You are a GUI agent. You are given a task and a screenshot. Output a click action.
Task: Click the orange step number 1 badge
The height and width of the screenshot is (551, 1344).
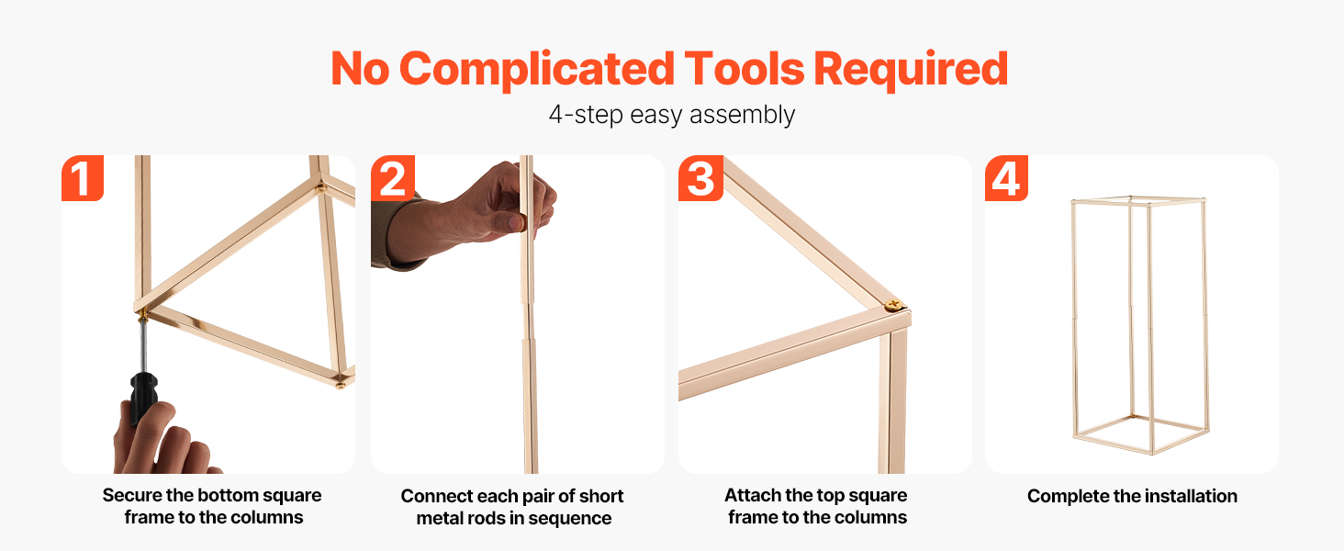coord(83,177)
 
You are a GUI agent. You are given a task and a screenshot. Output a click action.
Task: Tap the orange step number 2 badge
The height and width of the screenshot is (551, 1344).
coord(393,177)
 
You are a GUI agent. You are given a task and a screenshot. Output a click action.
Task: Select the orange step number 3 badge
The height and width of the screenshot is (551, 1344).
coord(700,177)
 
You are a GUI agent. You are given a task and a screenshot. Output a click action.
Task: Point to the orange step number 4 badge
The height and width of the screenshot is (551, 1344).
coord(1007,177)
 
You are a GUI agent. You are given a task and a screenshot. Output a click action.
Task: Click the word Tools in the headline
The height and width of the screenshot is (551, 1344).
coord(744,69)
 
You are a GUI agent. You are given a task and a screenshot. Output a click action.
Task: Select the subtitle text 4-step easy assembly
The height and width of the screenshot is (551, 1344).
coord(672,115)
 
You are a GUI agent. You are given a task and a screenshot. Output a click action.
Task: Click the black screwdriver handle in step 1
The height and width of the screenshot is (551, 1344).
coord(143,396)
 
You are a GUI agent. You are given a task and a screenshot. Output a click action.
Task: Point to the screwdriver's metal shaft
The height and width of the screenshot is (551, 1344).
coord(143,345)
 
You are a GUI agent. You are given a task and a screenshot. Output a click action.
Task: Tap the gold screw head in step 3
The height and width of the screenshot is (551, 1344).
coord(893,304)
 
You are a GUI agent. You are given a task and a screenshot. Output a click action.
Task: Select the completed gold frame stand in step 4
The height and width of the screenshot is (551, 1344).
coord(1139,325)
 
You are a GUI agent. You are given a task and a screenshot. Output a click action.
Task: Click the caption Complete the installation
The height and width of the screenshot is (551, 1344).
coord(1132,496)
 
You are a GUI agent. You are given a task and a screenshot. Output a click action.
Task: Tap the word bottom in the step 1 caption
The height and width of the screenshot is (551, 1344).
coord(229,495)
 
